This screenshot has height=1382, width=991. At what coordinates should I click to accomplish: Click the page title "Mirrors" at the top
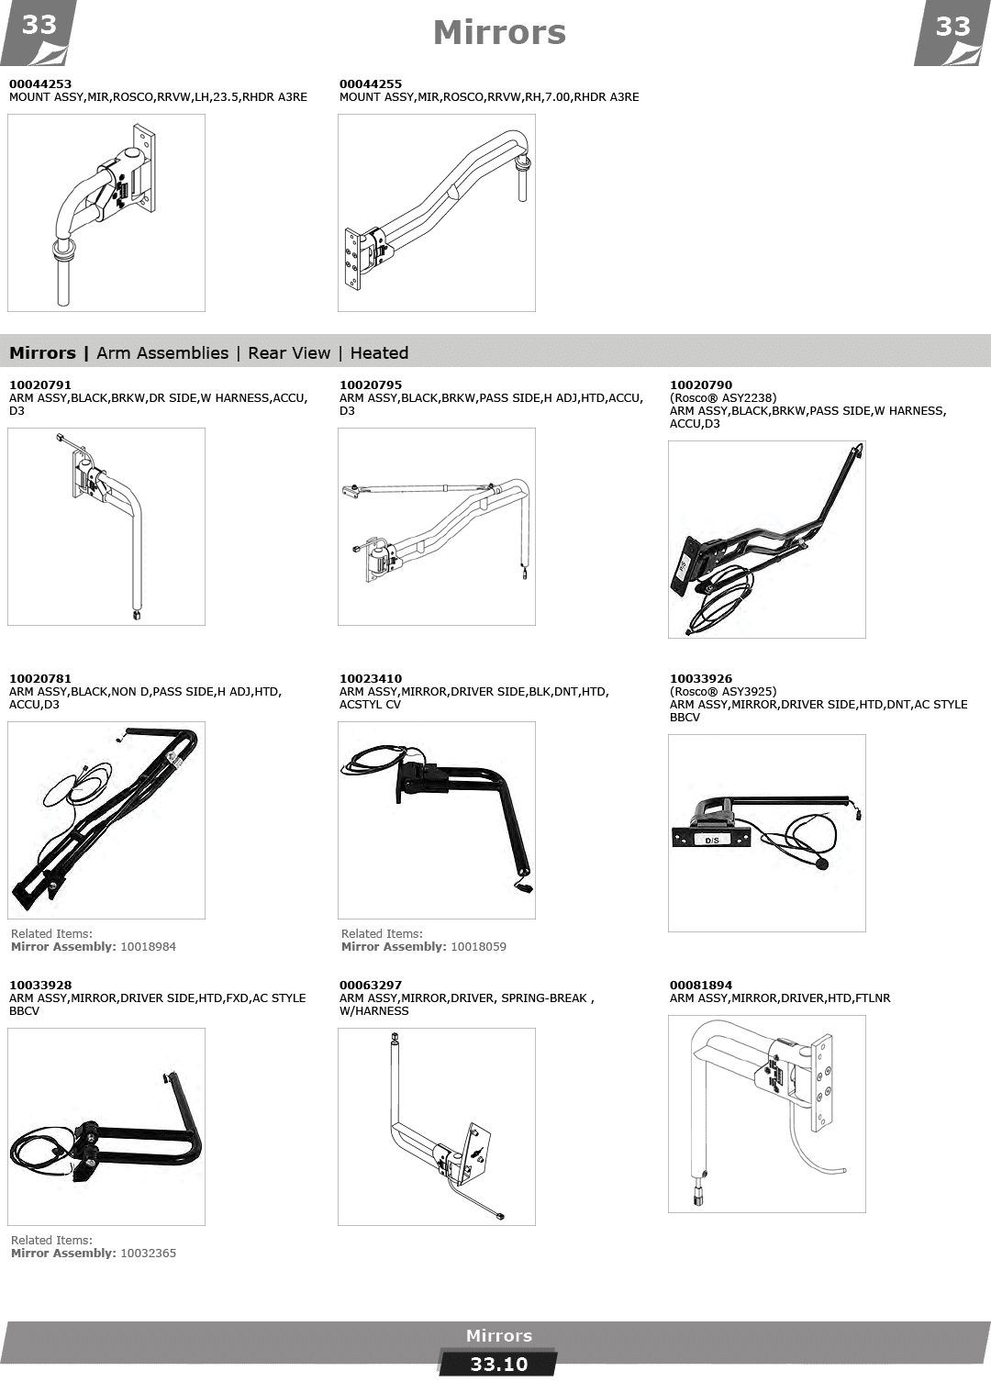[x=499, y=33]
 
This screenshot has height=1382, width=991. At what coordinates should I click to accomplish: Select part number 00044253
[x=40, y=84]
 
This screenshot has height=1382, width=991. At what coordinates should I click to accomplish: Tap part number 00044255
[x=370, y=84]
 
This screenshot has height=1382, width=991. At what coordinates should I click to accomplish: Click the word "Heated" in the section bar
[x=379, y=353]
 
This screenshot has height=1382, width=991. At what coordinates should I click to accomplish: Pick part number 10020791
[x=40, y=385]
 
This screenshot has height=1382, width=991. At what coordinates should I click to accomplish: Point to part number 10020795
[x=370, y=385]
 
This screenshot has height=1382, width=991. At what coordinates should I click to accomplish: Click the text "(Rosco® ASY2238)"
[x=722, y=398]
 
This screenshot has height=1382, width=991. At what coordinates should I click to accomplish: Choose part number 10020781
[x=40, y=679]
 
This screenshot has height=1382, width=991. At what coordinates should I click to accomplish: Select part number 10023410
[x=370, y=679]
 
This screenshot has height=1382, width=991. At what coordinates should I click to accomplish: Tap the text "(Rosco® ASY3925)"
[x=722, y=692]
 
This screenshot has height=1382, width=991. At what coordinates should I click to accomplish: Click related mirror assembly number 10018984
[x=148, y=946]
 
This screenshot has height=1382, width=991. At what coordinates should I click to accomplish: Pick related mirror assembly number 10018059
[x=478, y=946]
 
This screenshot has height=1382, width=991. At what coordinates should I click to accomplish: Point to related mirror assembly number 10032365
[x=148, y=1253]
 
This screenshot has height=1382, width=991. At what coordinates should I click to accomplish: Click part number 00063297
[x=370, y=986]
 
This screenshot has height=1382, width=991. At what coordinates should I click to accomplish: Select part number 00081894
[x=701, y=986]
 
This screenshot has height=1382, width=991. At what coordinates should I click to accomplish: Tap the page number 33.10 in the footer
[x=499, y=1365]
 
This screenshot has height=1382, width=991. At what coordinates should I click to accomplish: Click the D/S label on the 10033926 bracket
[x=711, y=840]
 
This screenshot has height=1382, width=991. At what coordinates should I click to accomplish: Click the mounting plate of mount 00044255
[x=352, y=259]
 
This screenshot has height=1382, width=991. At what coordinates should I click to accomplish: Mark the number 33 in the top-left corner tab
[x=39, y=26]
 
